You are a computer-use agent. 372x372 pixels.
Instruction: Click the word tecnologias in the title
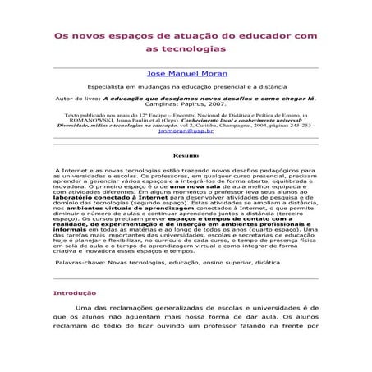click(185, 49)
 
